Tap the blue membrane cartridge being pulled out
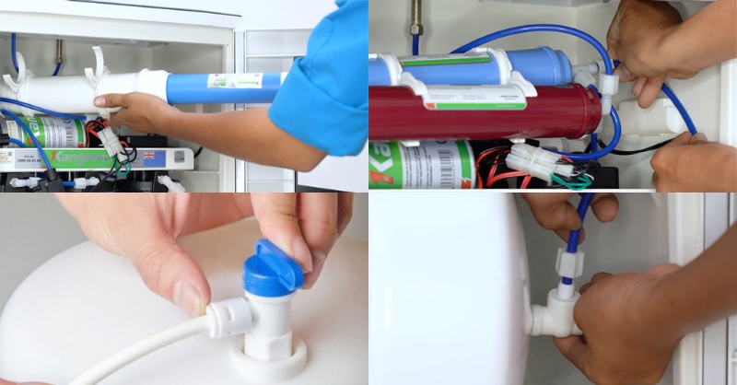(x=226, y=87)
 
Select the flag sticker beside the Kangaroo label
(x=174, y=157)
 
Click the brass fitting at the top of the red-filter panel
(x=415, y=14)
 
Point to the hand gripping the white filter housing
(x=138, y=111)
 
